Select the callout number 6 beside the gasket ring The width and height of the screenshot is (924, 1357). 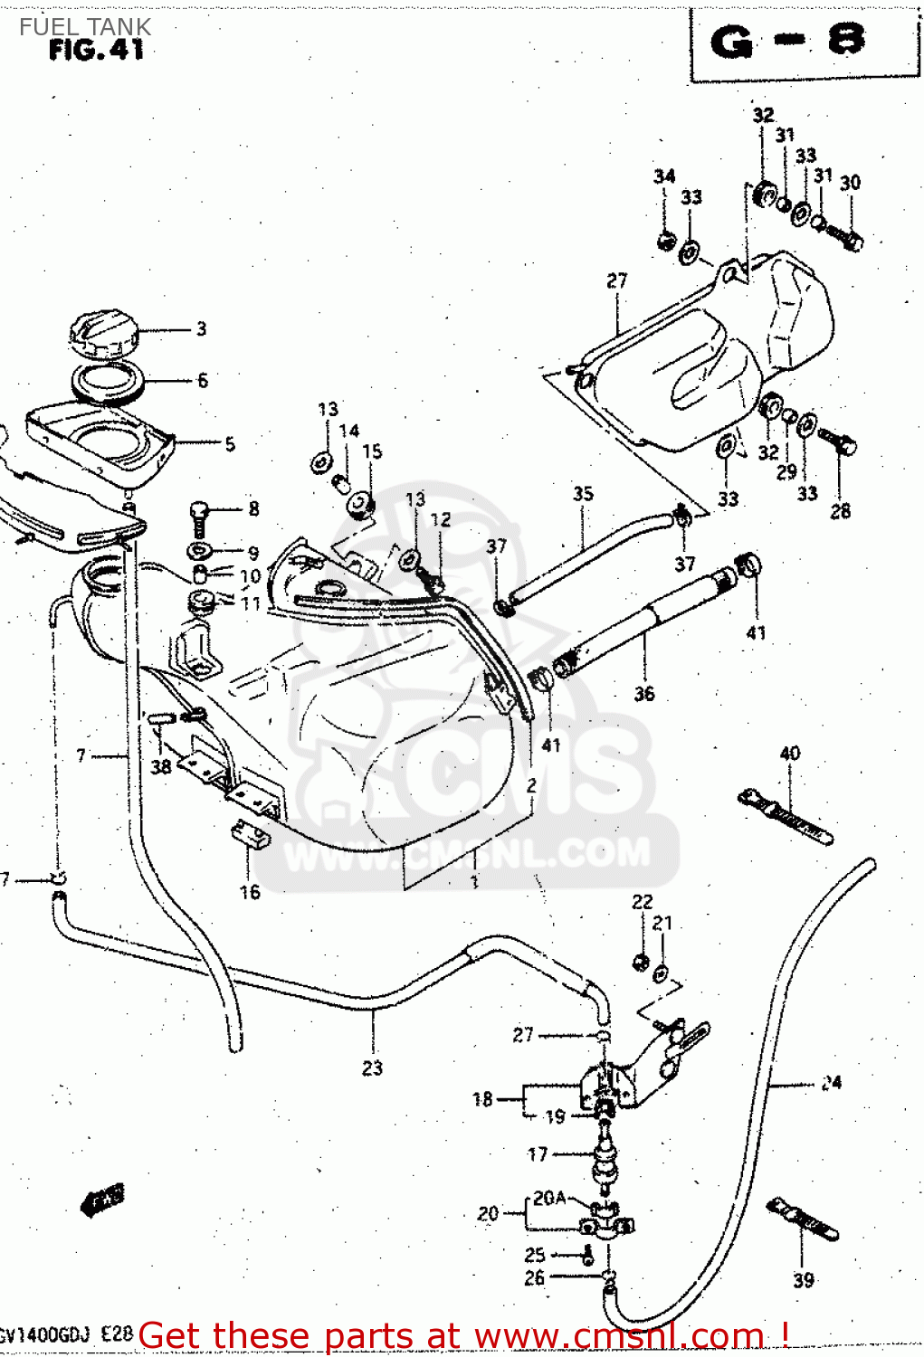coord(203,380)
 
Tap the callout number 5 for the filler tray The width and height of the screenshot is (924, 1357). coord(230,443)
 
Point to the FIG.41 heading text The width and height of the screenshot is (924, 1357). coord(96,51)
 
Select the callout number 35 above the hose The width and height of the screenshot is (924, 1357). coord(583,494)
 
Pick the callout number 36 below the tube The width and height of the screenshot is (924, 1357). coord(643,694)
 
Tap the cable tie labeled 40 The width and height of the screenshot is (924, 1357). coord(786,814)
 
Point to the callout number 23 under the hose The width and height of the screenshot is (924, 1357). coord(372,1068)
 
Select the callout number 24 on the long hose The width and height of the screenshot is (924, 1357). coord(831,1082)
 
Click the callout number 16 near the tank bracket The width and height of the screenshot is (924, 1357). coord(250,892)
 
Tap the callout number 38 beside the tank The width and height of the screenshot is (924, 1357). coord(161,767)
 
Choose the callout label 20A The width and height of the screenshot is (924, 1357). coord(549,1198)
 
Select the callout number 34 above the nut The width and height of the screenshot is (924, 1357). coord(664,176)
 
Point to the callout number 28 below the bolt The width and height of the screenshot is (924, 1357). coord(840,511)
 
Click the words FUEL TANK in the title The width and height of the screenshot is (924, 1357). coord(85,26)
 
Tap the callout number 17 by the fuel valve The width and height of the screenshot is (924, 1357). coord(538,1154)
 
